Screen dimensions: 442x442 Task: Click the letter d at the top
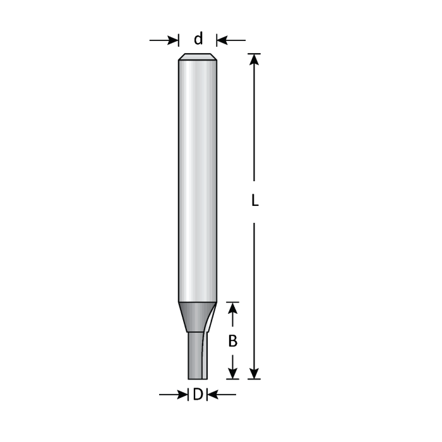click(x=198, y=39)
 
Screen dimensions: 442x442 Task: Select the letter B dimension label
click(x=233, y=341)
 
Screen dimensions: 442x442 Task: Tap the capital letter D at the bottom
click(x=198, y=395)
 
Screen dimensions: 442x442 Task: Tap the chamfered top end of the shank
click(x=198, y=57)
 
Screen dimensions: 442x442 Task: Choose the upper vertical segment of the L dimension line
click(x=254, y=126)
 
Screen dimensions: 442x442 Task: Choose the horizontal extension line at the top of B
click(x=233, y=301)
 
